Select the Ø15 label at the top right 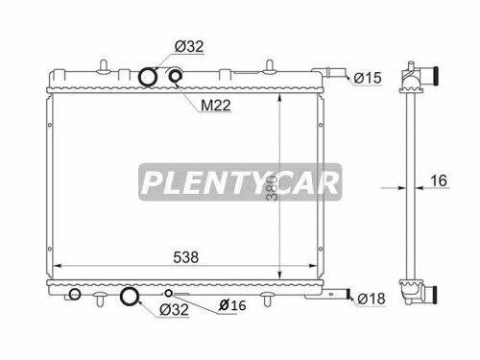click(370, 77)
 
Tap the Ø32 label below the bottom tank click(173, 309)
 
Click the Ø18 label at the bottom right click(372, 300)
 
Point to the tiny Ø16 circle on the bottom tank click(168, 293)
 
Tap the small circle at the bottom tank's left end click(74, 295)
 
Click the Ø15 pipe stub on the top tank click(336, 72)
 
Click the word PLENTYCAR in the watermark click(239, 182)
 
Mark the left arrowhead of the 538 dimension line click(55, 265)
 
